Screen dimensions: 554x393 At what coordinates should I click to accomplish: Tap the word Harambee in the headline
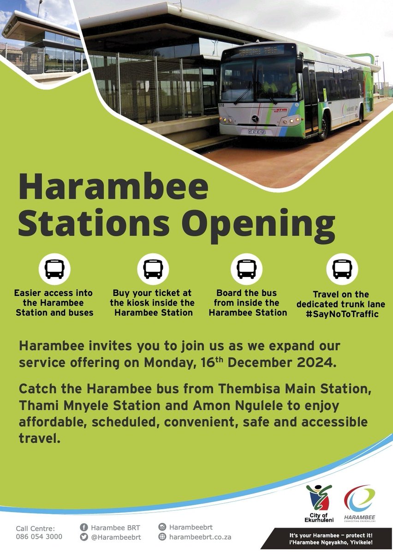(x=113, y=187)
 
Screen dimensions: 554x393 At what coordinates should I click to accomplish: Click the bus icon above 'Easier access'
(x=54, y=269)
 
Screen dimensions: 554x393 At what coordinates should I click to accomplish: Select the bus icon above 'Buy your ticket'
(x=153, y=269)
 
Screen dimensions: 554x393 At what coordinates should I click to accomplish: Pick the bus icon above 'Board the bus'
(x=246, y=269)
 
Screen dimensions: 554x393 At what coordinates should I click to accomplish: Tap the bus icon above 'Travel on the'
(x=342, y=269)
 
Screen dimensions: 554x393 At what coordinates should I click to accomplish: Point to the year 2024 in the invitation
(x=311, y=362)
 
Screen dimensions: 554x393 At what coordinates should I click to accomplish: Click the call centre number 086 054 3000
(x=39, y=536)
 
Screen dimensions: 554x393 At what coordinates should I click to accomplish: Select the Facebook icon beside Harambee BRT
(x=84, y=527)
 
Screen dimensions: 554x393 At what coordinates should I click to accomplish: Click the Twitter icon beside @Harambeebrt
(x=84, y=537)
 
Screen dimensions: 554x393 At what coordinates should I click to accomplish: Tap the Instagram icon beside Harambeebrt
(x=162, y=527)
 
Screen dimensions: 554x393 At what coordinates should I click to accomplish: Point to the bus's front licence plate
(x=256, y=132)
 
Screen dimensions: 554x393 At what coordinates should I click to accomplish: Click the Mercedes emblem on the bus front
(x=255, y=119)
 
